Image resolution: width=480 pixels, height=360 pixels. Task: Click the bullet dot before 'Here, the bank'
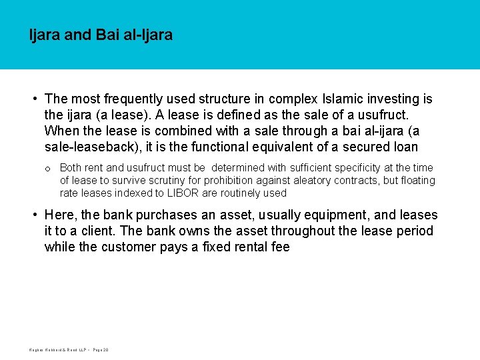tap(35, 215)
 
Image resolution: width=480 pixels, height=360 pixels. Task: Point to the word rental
tap(247, 247)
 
